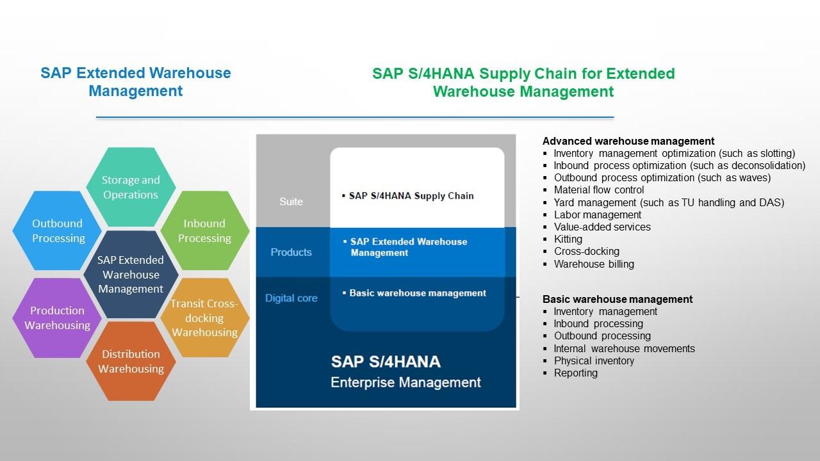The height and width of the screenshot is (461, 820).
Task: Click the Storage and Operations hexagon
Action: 131,187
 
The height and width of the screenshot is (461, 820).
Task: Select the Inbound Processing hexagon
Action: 204,230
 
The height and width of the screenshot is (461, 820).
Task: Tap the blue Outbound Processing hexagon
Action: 58,230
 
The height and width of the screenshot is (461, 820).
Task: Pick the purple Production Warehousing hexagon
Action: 57,318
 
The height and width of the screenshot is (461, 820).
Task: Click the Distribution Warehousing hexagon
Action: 131,361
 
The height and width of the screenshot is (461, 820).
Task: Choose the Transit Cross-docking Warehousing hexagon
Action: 204,318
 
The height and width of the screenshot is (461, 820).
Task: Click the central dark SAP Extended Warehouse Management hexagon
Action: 131,274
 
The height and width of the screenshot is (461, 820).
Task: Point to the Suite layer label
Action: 291,202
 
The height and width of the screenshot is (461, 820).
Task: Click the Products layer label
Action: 291,252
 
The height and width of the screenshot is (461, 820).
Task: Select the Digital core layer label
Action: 291,298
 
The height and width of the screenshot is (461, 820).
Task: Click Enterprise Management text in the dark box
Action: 406,382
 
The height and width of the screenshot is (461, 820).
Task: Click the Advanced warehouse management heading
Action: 628,141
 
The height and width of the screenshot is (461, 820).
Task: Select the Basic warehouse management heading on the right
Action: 617,299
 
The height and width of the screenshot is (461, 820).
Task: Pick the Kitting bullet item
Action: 568,239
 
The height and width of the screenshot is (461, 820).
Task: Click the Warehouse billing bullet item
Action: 594,264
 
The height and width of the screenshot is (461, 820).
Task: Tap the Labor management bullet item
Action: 597,214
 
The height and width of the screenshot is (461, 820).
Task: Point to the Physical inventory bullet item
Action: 594,360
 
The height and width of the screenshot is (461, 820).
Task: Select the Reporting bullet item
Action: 575,373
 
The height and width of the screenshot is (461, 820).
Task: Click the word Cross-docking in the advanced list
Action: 586,251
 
